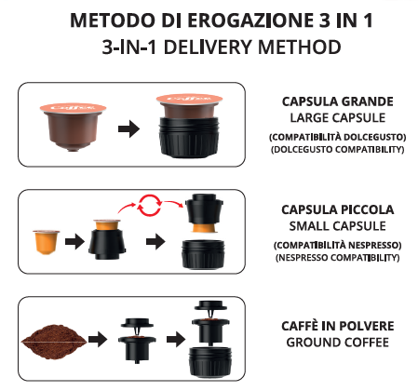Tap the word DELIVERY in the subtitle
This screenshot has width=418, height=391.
[209, 47]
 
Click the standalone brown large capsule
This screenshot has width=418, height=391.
[73, 127]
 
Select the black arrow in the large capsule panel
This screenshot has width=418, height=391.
[129, 128]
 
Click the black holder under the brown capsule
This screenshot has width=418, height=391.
[189, 137]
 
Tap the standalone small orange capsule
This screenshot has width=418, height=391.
[47, 242]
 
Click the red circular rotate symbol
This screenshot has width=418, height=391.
[150, 205]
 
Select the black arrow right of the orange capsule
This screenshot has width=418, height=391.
[74, 241]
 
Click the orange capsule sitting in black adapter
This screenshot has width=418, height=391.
[107, 224]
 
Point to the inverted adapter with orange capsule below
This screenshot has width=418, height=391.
[204, 213]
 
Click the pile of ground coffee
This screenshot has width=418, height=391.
[54, 342]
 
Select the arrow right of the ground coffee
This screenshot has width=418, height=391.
[98, 339]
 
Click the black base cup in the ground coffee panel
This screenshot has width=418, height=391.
[210, 362]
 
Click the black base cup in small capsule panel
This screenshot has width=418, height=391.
[203, 254]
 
